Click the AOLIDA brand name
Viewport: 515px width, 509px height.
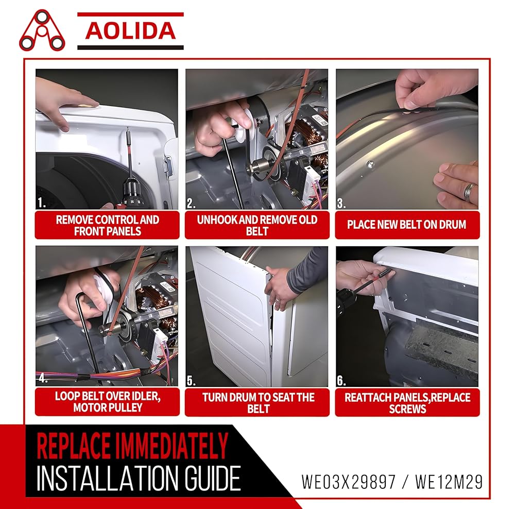click(x=130, y=31)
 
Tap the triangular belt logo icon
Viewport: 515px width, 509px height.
click(x=42, y=30)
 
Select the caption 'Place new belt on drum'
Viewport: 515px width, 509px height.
click(x=407, y=225)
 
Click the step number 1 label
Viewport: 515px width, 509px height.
click(x=41, y=203)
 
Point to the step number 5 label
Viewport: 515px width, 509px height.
click(x=191, y=381)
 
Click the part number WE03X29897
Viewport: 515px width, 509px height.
click(x=349, y=482)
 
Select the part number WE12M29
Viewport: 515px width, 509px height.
click(x=449, y=482)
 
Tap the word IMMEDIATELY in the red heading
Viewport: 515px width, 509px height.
click(x=170, y=446)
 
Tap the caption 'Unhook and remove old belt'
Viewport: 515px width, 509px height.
click(x=257, y=226)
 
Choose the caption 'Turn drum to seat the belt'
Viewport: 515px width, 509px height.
click(x=258, y=403)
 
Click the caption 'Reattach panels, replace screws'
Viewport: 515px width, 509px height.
click(x=407, y=403)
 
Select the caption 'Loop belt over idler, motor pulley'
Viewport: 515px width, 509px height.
click(x=108, y=402)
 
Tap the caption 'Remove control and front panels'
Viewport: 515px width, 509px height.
click(x=108, y=226)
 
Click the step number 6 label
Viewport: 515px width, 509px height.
click(x=341, y=381)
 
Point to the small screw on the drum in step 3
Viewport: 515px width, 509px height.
click(x=370, y=163)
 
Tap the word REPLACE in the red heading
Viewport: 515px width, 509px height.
click(x=73, y=446)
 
